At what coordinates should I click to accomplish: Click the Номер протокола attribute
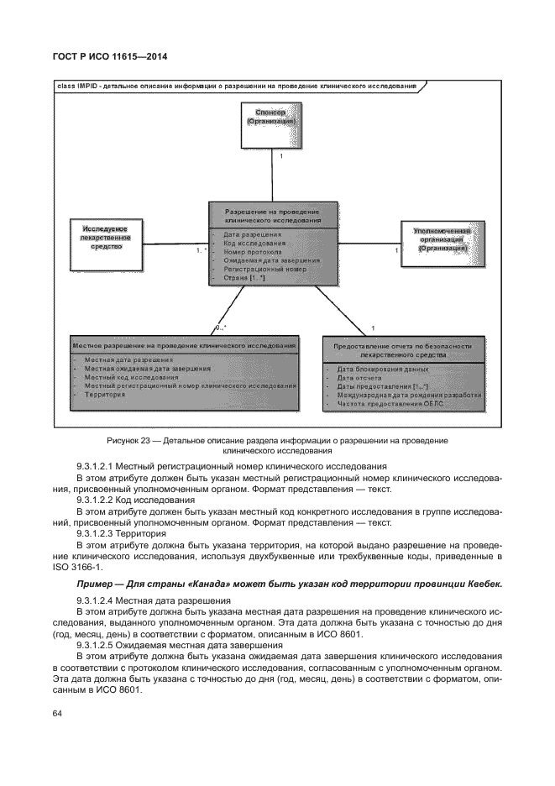pos(253,251)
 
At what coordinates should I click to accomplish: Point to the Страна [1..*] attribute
pos(245,277)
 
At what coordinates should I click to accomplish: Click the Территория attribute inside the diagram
pos(104,394)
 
